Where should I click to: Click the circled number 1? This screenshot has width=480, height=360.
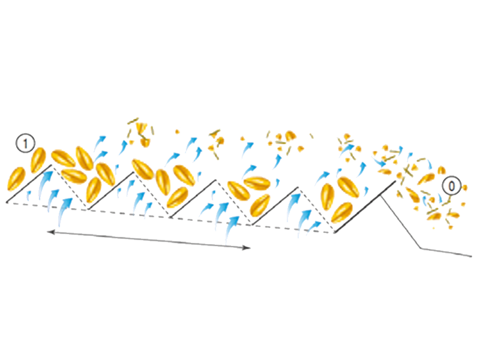tap(25, 143)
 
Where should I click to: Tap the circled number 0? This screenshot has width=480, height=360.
tap(452, 186)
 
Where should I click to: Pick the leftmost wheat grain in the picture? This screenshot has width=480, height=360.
tap(16, 179)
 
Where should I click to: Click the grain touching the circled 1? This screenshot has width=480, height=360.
tap(38, 160)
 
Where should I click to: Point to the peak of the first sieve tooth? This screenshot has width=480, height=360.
tap(52, 165)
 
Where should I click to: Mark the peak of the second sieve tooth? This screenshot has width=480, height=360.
tap(134, 172)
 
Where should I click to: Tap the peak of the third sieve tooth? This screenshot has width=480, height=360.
tap(216, 179)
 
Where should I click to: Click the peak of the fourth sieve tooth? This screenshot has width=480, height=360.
tap(298, 187)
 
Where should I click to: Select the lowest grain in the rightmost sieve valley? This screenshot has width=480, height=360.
tap(341, 212)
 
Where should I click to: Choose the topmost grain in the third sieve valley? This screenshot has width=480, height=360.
tap(257, 183)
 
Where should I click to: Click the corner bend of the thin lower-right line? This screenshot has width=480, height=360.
tap(421, 247)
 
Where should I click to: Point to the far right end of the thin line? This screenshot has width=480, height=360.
tap(471, 256)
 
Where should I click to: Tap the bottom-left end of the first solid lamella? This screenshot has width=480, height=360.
tap(7, 202)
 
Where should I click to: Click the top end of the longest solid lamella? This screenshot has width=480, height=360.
tap(395, 181)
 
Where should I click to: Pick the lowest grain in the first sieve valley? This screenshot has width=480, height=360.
tap(94, 190)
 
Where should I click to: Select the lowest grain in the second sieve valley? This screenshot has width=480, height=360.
tap(177, 197)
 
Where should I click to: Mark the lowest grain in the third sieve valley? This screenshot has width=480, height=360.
tap(260, 205)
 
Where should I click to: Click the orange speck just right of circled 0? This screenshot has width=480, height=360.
tap(464, 187)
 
